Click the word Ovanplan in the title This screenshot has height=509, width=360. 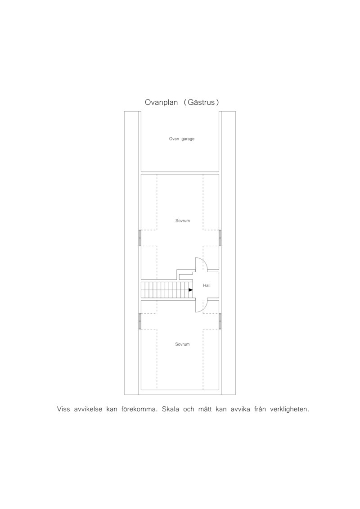pos(162,103)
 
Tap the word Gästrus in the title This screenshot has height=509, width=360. pos(201,102)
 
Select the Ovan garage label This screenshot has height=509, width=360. pos(182,139)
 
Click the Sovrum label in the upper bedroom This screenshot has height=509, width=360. pos(182,221)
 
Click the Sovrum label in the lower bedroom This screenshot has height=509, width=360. pos(182,344)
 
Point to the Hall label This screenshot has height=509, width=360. pos(207,286)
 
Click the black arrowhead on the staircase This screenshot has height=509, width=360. pos(190,290)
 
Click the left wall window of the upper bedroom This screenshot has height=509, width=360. pos(140,238)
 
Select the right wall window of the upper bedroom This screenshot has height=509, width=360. pos(220,238)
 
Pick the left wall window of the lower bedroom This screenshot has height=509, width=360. pos(140,321)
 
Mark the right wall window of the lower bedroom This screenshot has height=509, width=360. pos(220,321)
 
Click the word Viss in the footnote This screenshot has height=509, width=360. pos(63,410)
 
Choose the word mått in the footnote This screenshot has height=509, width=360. pos(206,410)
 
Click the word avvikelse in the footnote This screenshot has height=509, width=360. pos(88,410)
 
